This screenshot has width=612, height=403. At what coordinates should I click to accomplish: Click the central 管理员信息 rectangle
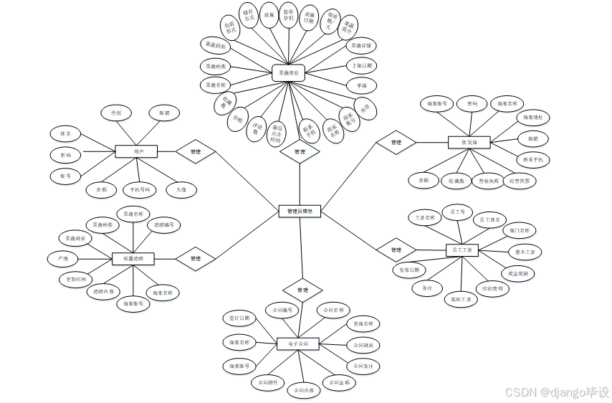tap(300, 212)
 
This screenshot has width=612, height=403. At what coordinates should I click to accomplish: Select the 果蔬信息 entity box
tap(290, 72)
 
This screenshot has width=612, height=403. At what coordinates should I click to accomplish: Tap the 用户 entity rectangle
tap(136, 152)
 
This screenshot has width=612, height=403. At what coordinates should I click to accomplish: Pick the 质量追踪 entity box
tap(133, 258)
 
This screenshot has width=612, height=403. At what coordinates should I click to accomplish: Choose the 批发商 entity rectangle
tap(469, 143)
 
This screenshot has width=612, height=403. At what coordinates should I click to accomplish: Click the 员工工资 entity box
tap(463, 250)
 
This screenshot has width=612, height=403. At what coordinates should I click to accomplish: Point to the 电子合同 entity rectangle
tap(297, 344)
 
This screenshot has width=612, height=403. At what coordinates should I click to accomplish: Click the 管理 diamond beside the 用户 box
tap(196, 152)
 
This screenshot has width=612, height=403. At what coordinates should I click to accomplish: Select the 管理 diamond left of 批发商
tap(396, 143)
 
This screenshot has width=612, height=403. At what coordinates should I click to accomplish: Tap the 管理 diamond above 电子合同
tap(302, 290)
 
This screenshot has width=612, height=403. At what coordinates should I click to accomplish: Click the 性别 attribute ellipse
tap(115, 113)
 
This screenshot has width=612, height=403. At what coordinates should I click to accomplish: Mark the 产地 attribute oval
tap(63, 257)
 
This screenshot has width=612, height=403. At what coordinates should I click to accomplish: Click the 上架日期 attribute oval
tap(360, 65)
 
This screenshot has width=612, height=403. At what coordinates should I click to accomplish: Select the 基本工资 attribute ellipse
tap(525, 252)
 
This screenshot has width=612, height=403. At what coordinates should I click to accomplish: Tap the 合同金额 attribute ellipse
tap(340, 382)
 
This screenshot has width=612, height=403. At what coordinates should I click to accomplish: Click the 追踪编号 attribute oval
tap(164, 225)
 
